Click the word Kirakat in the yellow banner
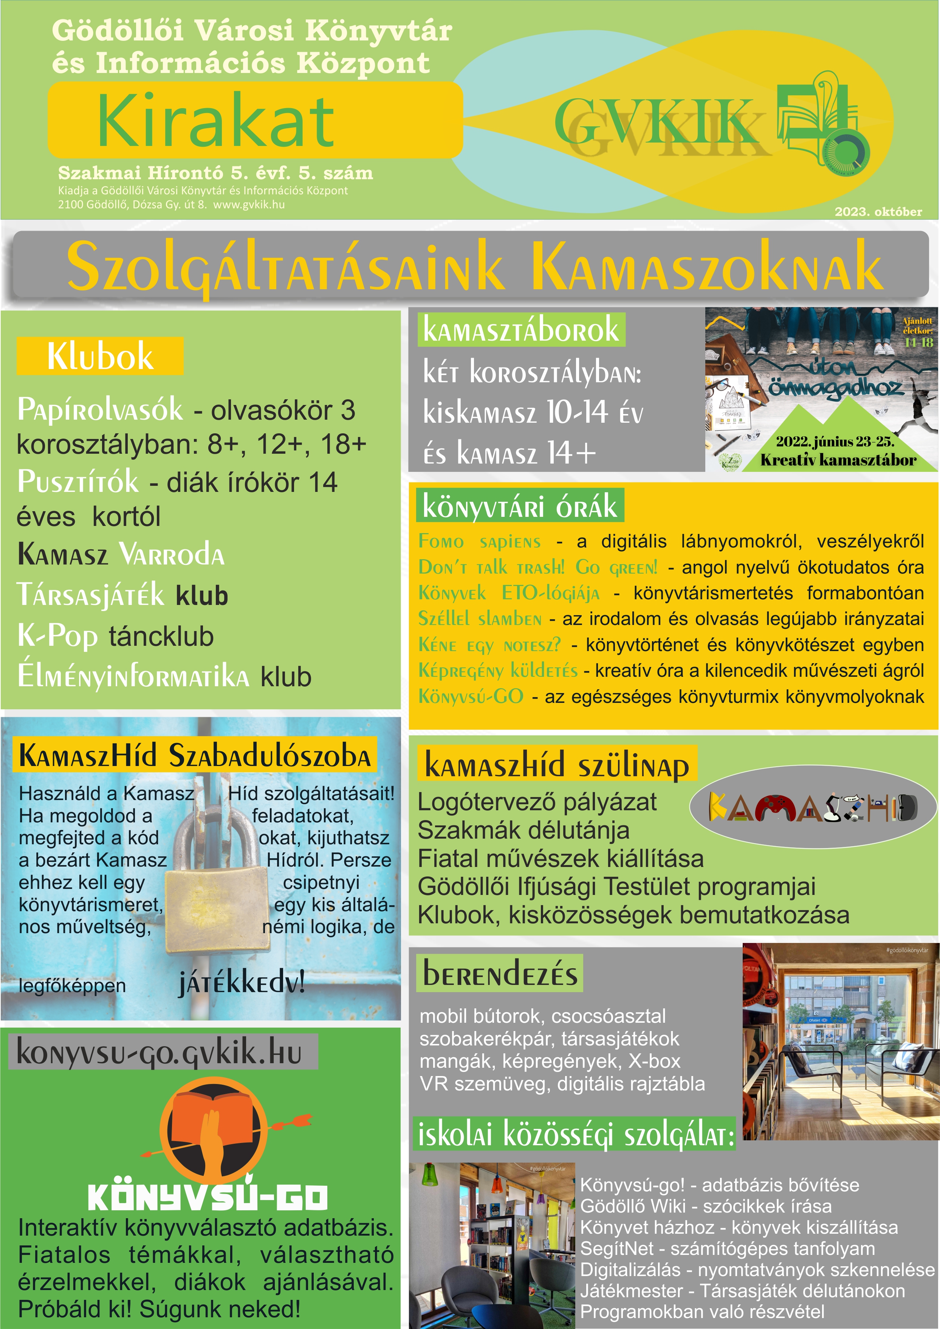point(215,121)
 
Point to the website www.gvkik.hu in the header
point(249,205)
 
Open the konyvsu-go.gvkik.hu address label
point(159,1051)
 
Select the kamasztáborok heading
point(521,330)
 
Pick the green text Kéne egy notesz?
point(489,645)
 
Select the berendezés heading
point(500,974)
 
